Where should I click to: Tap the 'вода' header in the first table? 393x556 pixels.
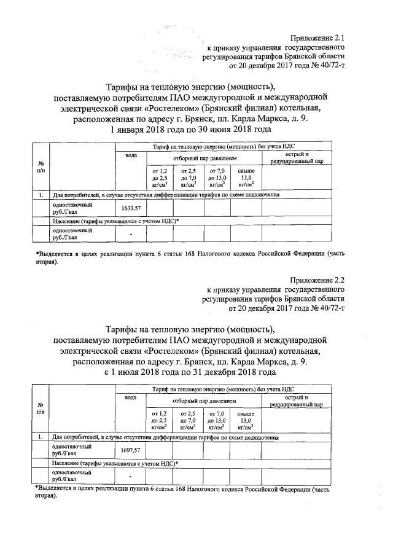131,156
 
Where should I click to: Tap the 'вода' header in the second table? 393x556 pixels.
131,398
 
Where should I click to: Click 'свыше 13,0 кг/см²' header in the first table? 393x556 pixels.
246,176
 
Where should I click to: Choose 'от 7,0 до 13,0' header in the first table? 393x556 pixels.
217,176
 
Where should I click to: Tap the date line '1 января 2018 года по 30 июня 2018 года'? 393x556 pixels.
190,130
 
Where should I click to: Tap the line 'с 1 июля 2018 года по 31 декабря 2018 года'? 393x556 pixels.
190,372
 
